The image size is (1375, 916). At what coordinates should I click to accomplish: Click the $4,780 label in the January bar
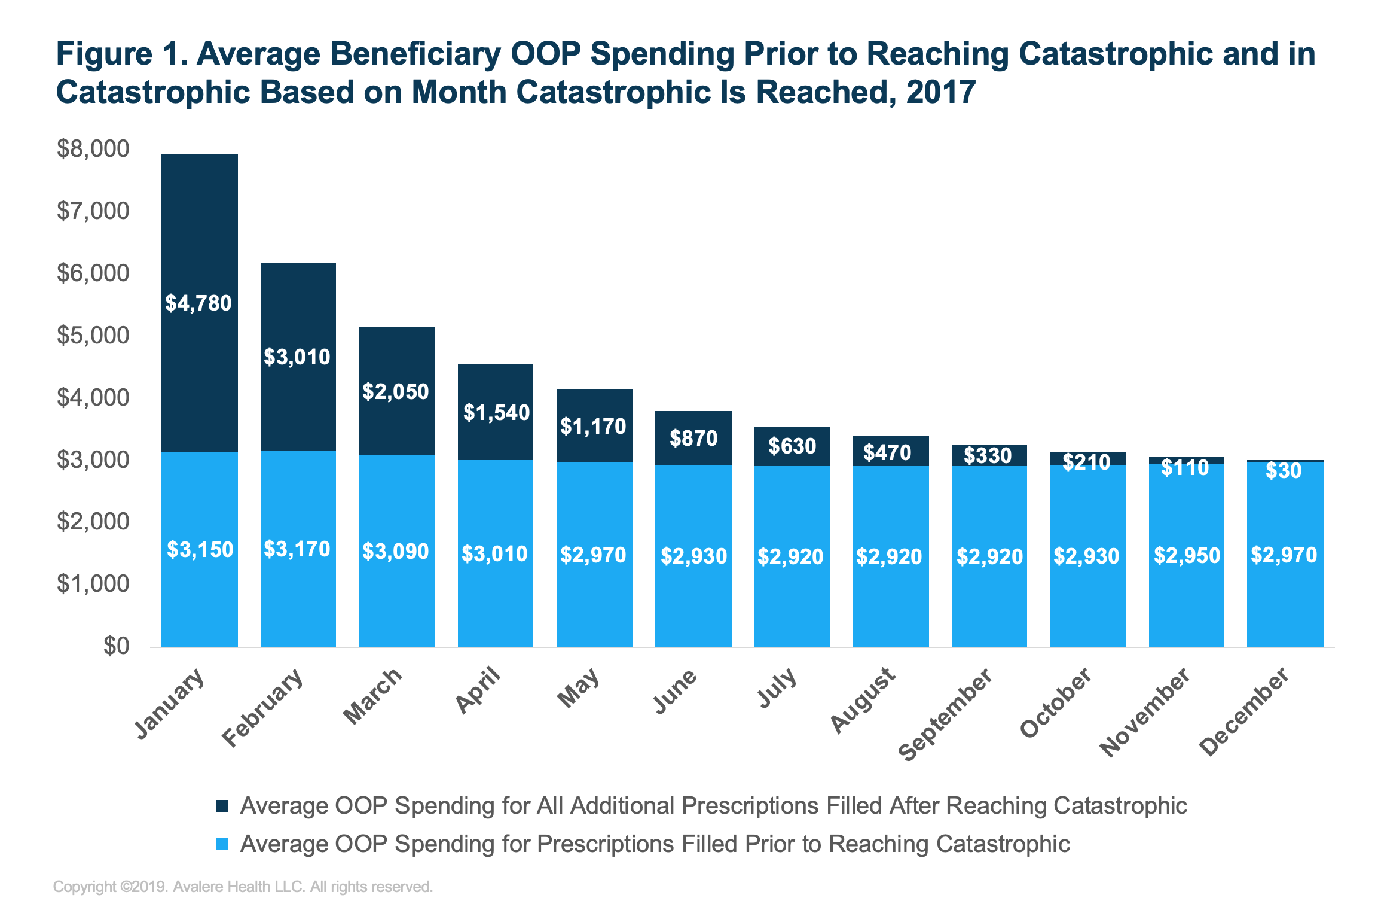click(x=198, y=303)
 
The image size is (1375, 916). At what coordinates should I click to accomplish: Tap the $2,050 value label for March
click(x=396, y=392)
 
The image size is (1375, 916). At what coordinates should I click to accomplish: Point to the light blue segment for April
click(x=495, y=598)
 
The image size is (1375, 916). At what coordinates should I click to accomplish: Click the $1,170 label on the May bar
click(x=593, y=427)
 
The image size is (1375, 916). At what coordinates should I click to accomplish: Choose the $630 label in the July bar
click(x=792, y=446)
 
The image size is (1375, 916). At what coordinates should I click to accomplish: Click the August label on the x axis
click(x=863, y=700)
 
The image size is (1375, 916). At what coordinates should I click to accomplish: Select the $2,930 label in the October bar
click(x=1086, y=556)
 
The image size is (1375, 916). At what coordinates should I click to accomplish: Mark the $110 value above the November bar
click(x=1185, y=468)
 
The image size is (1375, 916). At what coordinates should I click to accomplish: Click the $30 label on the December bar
click(x=1284, y=471)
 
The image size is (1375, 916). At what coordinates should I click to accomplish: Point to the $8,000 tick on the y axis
click(x=93, y=148)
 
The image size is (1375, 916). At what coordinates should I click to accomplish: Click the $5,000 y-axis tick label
click(x=93, y=335)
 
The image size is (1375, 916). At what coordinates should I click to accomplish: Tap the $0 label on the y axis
click(x=116, y=646)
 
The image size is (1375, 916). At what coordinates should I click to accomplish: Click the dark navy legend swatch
click(x=222, y=806)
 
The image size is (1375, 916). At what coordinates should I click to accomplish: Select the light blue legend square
click(x=222, y=844)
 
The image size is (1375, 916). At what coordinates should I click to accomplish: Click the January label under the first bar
click(x=170, y=704)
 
